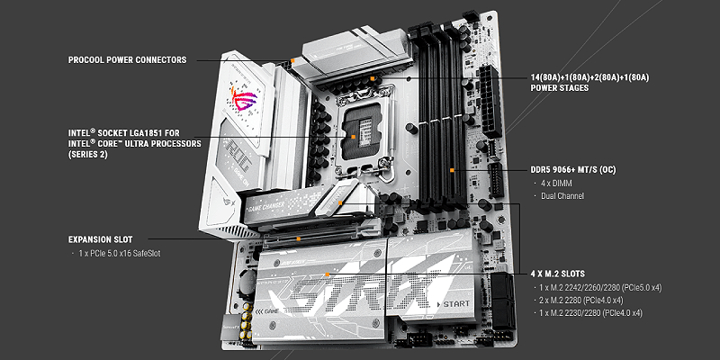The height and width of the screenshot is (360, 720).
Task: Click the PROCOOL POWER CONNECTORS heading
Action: (x=127, y=60)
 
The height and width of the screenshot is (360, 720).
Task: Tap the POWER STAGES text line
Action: (x=559, y=87)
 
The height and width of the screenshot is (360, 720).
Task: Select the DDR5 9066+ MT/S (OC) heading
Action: (x=573, y=170)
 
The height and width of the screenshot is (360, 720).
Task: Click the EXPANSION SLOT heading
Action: (x=100, y=239)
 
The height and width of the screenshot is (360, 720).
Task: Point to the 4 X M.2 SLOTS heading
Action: (x=557, y=274)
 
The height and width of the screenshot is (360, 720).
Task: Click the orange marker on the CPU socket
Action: (x=354, y=137)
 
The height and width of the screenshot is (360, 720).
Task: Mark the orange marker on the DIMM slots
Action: (x=452, y=170)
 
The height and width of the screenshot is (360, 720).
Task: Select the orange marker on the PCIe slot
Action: (x=299, y=238)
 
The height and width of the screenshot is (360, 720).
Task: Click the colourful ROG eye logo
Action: (x=244, y=98)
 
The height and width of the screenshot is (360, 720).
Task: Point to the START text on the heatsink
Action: (x=456, y=303)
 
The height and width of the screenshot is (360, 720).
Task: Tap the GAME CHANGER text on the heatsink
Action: (x=267, y=206)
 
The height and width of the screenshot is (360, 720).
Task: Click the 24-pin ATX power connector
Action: (x=490, y=101)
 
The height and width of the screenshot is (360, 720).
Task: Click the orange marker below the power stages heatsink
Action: (x=373, y=78)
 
